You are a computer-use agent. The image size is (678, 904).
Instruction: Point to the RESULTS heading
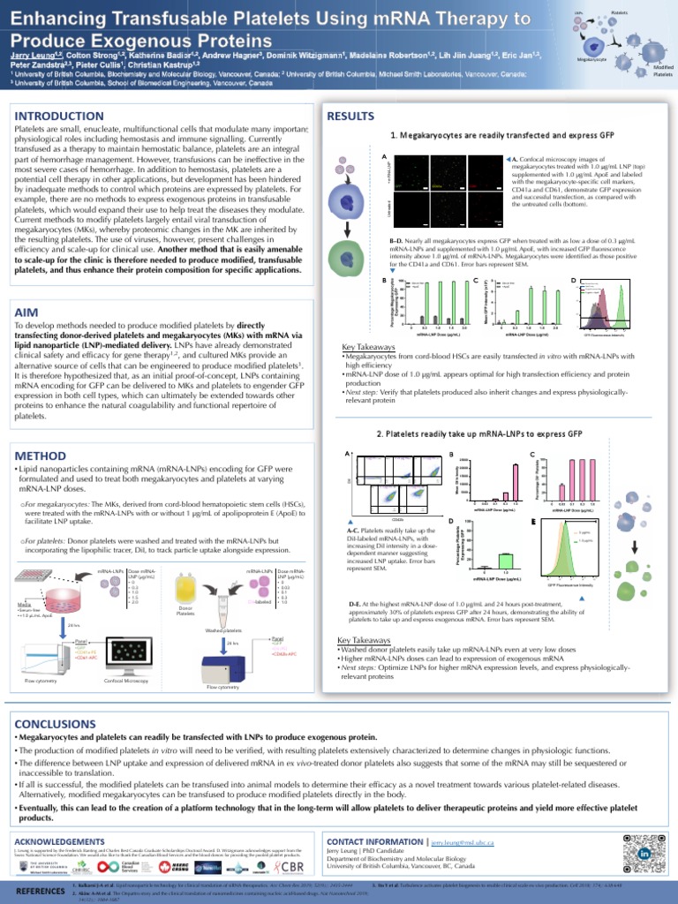352,116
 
